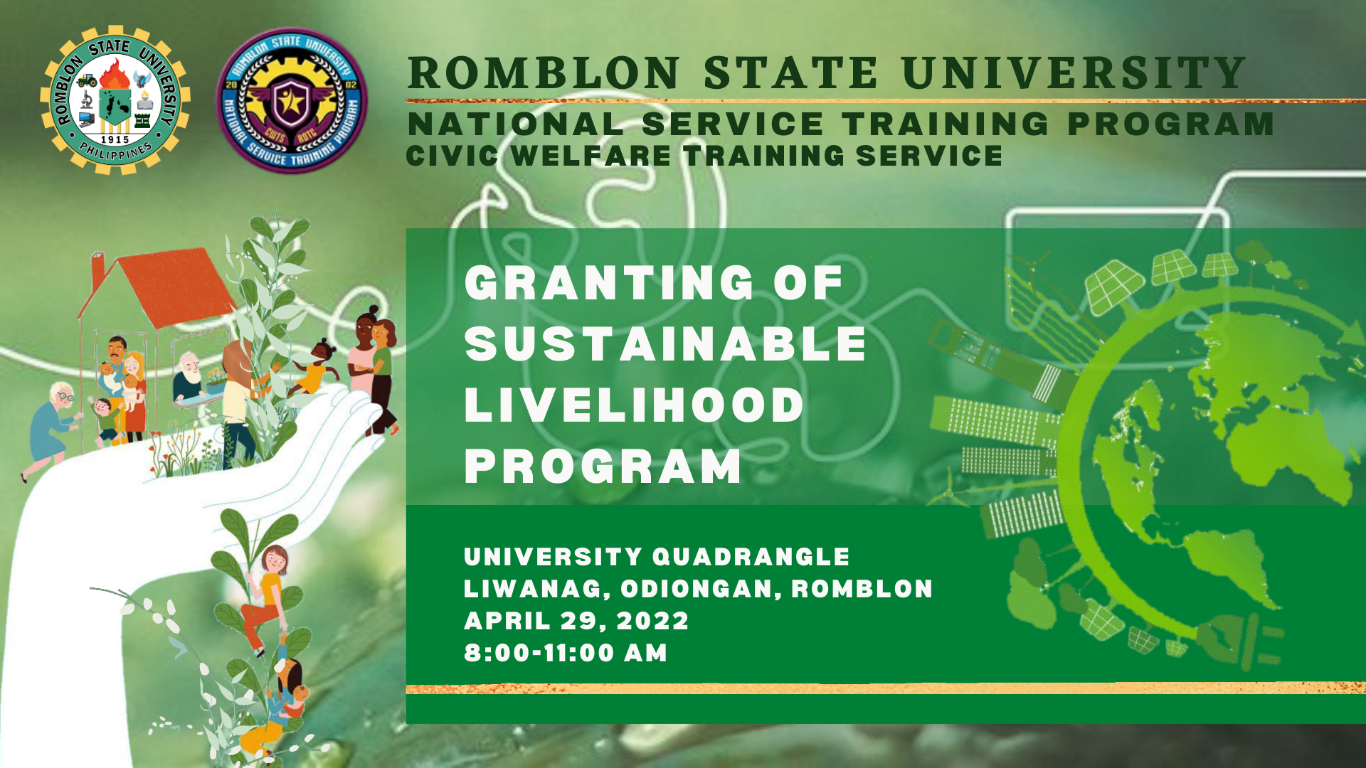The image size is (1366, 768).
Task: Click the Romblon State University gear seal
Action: tap(115, 100)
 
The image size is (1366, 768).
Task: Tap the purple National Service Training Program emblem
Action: tap(292, 100)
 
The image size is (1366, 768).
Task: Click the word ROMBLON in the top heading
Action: tap(544, 73)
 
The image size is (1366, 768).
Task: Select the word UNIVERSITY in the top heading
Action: tap(1074, 73)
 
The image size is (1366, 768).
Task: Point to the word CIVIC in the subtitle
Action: tap(452, 156)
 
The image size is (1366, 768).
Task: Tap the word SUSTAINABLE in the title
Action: tap(665, 344)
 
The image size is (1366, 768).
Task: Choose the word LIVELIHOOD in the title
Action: tap(634, 405)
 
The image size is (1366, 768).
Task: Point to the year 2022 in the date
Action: tap(652, 621)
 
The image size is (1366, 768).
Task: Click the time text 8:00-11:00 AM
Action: tap(566, 653)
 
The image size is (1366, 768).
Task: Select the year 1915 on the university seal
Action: tap(115, 140)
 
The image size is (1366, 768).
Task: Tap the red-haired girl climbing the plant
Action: tap(266, 597)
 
